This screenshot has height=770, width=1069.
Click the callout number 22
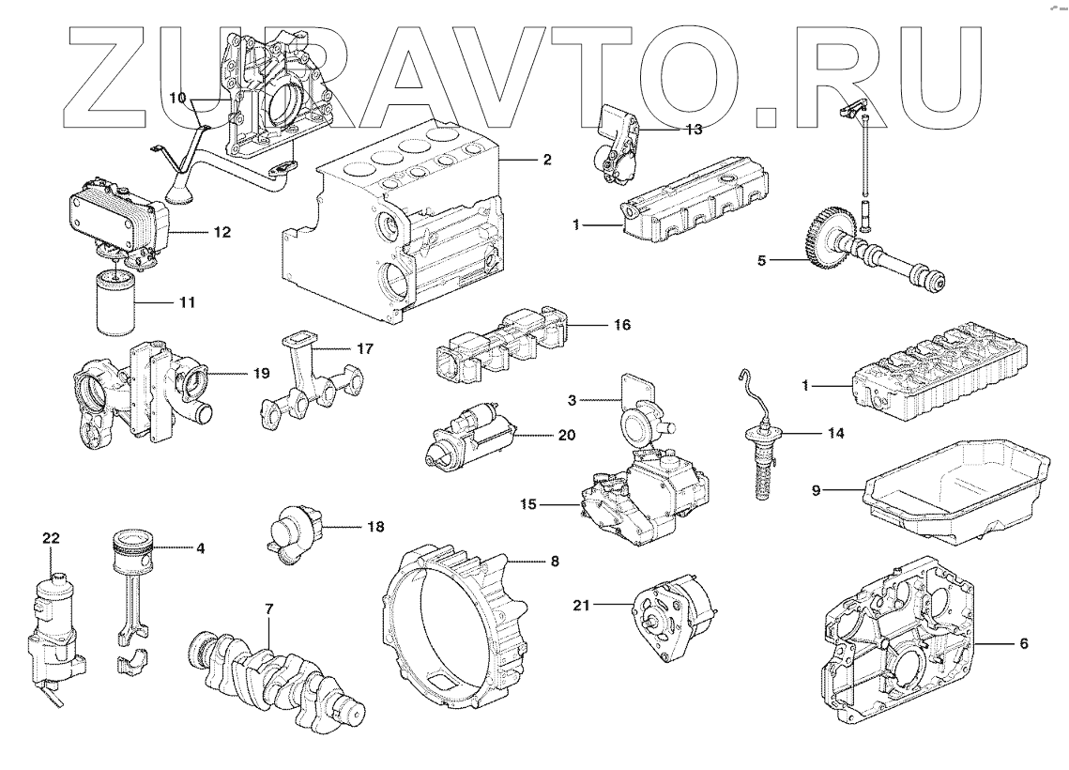(x=51, y=538)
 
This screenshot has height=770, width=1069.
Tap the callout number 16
(x=621, y=325)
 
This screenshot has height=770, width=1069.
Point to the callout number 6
(x=1023, y=643)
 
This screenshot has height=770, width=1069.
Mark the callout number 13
(x=694, y=130)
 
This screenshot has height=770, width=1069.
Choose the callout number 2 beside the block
(x=546, y=160)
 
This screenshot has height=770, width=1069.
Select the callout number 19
(x=260, y=373)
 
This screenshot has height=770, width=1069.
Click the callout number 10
(x=177, y=99)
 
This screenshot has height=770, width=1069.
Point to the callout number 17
(x=365, y=348)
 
